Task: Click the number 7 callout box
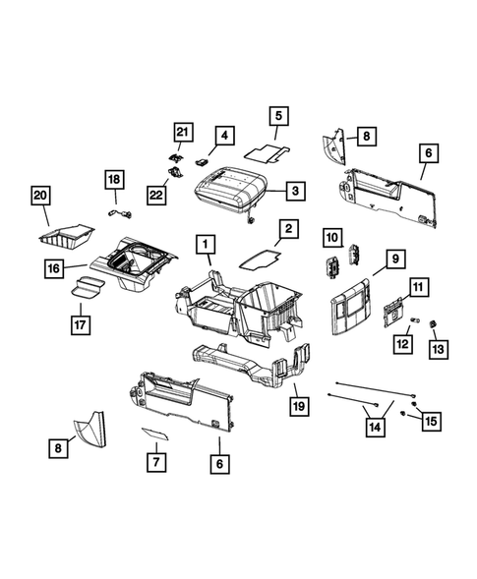click(153, 461)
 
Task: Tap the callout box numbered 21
click(181, 133)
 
